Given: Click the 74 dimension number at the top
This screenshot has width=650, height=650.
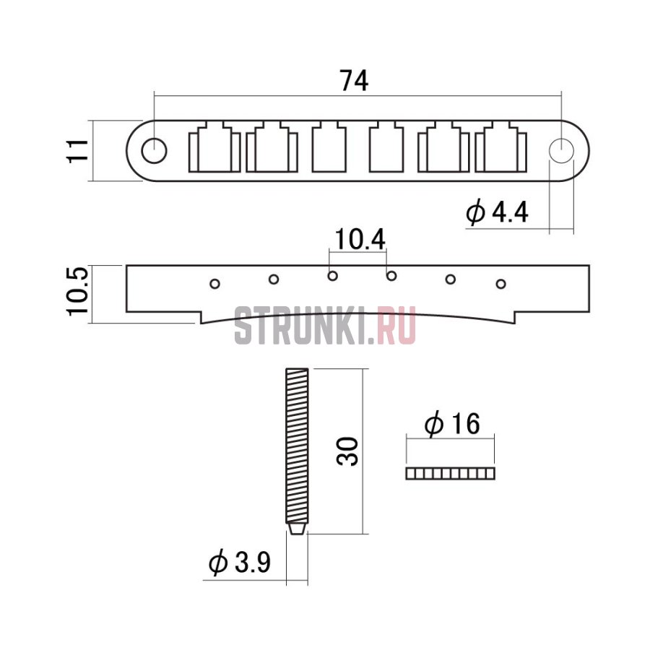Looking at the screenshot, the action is [x=354, y=80].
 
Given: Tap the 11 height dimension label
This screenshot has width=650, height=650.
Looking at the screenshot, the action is [x=78, y=151].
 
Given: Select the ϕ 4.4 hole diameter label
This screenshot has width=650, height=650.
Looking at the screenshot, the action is [x=497, y=212].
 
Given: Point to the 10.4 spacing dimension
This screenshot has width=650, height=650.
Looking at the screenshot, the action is [x=360, y=239].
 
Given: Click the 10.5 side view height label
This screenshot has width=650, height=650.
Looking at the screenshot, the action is [x=77, y=290].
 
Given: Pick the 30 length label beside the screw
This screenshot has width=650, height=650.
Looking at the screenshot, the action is [x=347, y=451].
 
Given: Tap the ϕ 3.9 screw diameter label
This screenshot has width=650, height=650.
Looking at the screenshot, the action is [x=240, y=562].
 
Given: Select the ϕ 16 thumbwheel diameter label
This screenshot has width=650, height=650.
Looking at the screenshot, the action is [x=452, y=424].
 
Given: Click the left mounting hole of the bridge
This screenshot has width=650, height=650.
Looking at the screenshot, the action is [x=155, y=151].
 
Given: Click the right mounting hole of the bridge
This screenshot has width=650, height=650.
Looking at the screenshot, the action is [x=562, y=149].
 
